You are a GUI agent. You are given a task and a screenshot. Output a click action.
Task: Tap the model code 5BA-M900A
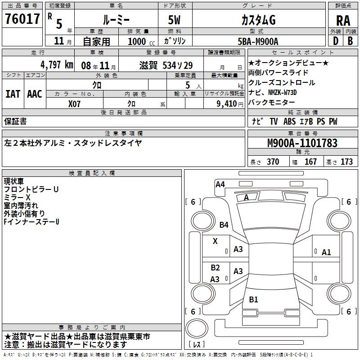[x=258, y=41]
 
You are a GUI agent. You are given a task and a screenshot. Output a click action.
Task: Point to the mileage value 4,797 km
[x=56, y=64]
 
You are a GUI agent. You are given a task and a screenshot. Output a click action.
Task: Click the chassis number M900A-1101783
[x=302, y=144]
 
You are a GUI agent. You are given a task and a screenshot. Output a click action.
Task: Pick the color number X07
[x=75, y=103]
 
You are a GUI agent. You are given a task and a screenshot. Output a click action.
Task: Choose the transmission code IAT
[x=13, y=94]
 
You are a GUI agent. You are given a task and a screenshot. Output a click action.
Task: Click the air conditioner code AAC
[x=35, y=94]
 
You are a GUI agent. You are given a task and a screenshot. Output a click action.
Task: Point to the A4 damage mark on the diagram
[x=220, y=184]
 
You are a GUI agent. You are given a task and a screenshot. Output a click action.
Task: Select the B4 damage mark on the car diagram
[x=224, y=225]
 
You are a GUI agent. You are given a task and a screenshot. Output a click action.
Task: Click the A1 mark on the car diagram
[x=326, y=252]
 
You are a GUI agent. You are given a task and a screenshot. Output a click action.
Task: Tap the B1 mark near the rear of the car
[x=253, y=300]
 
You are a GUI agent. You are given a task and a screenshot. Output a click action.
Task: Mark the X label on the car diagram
[x=215, y=241]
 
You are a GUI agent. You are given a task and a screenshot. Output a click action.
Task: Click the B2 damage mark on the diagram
[x=215, y=268]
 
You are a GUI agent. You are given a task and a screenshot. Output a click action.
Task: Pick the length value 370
[x=273, y=162]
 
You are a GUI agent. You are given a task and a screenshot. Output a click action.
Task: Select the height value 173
[x=346, y=162]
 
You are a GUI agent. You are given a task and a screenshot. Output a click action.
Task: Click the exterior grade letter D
[x=335, y=41]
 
